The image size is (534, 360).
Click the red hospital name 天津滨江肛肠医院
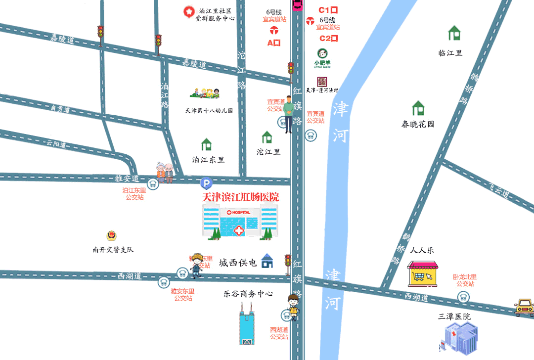click(x=241, y=197)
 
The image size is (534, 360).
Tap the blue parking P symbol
click(x=206, y=183)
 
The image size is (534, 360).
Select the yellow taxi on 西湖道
click(x=524, y=307)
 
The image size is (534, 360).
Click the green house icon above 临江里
click(x=454, y=33)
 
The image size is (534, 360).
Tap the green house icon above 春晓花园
click(x=418, y=108)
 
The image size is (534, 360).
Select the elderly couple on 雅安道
click(x=165, y=173)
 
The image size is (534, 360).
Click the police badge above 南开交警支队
click(x=111, y=235)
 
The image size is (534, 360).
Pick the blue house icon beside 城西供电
click(x=267, y=261)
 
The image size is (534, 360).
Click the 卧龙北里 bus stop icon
click(x=463, y=297)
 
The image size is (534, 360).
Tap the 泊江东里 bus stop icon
click(x=152, y=182)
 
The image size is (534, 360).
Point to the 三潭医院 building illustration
click(x=458, y=337)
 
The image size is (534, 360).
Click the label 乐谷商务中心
click(x=248, y=294)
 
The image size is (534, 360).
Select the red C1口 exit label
click(x=328, y=10)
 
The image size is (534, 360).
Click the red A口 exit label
click(x=274, y=43)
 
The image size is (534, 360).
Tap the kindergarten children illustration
click(x=205, y=93)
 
